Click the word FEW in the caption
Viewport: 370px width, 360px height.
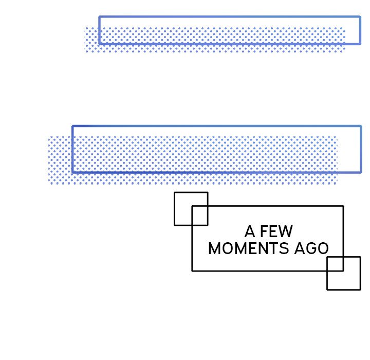coord(276,231)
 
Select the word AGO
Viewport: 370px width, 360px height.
coord(311,248)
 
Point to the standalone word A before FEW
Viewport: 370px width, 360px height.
coord(250,231)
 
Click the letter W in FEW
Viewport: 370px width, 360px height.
coord(286,231)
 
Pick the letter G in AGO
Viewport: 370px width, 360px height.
coord(311,248)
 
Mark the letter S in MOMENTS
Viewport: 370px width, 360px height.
coord(284,248)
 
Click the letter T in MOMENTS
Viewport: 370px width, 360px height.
coord(274,248)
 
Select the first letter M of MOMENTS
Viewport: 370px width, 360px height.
coord(214,248)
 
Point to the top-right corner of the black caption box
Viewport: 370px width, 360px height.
coord(343,206)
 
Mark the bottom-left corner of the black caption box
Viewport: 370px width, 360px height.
coord(192,271)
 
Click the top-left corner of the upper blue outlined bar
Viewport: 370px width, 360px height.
coord(100,17)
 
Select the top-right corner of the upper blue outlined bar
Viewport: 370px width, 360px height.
coord(360,17)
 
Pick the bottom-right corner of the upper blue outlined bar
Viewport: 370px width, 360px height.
coord(360,44)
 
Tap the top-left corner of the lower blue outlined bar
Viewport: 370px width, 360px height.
coord(72,127)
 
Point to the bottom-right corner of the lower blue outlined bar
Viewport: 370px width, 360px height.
coord(361,172)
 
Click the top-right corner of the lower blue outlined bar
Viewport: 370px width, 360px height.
coord(361,127)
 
